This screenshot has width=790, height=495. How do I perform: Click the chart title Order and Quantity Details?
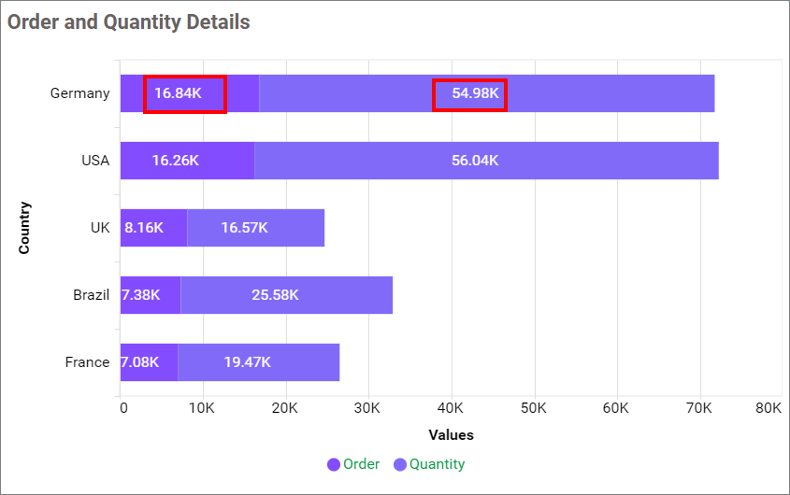[x=129, y=21]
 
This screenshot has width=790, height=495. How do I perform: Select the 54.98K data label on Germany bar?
[x=469, y=93]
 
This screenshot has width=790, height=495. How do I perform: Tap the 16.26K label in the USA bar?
[x=175, y=161]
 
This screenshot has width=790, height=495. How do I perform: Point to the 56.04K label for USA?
[x=475, y=161]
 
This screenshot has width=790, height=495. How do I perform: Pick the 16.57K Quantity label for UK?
[x=244, y=228]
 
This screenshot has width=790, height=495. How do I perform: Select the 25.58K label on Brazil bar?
[x=275, y=295]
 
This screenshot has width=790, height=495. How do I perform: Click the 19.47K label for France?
[x=247, y=362]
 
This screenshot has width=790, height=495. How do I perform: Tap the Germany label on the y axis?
[x=79, y=93]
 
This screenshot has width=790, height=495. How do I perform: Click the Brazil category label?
[x=91, y=295]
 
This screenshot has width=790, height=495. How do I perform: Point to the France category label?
[x=87, y=362]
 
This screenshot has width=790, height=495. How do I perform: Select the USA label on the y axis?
[x=95, y=161]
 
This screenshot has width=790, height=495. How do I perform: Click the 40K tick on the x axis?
[x=452, y=408]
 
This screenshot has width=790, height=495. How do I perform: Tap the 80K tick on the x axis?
[x=768, y=408]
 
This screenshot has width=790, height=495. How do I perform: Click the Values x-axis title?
[x=451, y=435]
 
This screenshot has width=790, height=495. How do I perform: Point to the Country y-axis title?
[x=24, y=228]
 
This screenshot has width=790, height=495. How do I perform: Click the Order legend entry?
[x=353, y=464]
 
